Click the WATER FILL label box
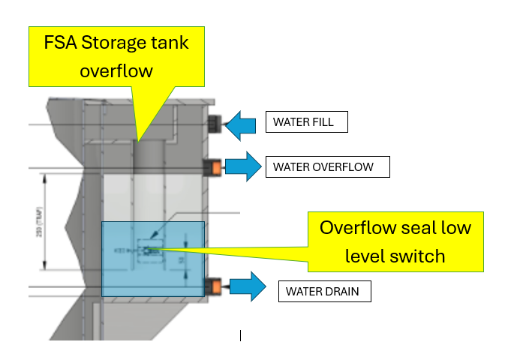tap(306, 121)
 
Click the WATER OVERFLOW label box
tap(327, 166)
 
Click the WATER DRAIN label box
tap(323, 291)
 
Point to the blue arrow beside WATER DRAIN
tap(247, 286)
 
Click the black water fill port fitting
tap(215, 122)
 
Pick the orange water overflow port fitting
tap(212, 166)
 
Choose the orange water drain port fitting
tap(213, 285)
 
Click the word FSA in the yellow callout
tap(61, 43)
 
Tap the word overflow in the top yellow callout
tap(116, 71)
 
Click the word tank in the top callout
tap(170, 43)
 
